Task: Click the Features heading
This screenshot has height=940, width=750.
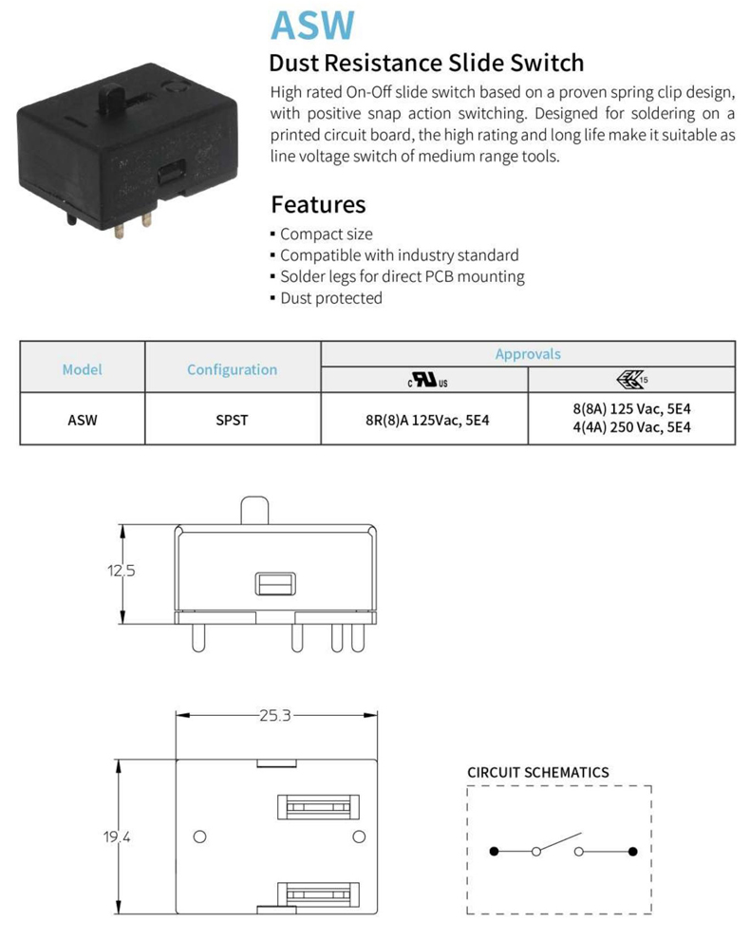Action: click(318, 204)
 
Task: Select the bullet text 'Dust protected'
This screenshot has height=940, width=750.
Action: click(331, 298)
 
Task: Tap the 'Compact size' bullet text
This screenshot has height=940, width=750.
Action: click(327, 234)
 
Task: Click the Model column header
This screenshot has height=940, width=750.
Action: click(82, 369)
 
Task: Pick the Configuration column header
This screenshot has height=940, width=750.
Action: click(232, 369)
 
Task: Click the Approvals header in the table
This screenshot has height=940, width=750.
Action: click(528, 354)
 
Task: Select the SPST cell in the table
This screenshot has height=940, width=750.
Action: click(232, 419)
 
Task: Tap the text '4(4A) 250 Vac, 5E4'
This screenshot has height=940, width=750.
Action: click(631, 427)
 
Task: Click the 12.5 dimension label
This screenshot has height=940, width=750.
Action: click(121, 571)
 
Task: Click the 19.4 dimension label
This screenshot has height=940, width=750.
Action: click(118, 837)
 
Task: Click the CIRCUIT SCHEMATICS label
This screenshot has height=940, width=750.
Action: click(537, 772)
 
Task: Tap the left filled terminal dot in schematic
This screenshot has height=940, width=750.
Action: click(494, 851)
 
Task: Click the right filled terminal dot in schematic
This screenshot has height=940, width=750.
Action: click(633, 851)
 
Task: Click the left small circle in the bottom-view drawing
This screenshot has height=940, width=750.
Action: click(199, 837)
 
